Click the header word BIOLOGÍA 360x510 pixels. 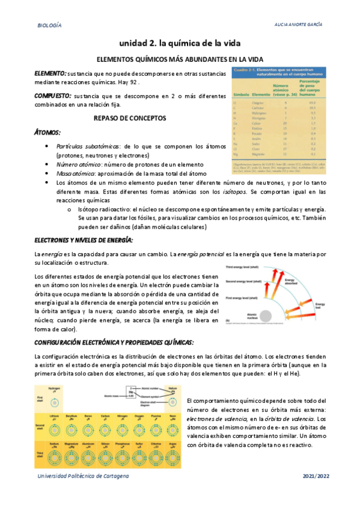[x=49, y=26]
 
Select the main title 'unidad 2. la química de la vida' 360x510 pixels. [x=179, y=43]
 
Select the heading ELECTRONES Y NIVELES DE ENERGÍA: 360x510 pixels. [x=84, y=240]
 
